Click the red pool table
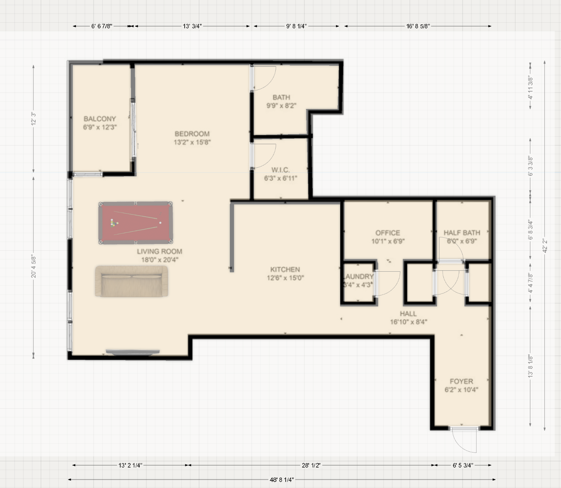point(136,223)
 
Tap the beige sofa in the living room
point(132,281)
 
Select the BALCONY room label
point(100,119)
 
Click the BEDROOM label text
point(192,134)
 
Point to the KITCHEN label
point(285,270)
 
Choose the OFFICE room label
point(388,233)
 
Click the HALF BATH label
point(462,233)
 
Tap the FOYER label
point(461,381)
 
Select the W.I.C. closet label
point(280,170)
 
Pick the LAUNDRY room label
point(358,277)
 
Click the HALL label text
point(408,314)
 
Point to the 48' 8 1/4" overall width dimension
point(282,479)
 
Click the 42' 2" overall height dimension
point(545,245)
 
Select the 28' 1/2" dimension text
point(311,465)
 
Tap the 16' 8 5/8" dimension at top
point(418,26)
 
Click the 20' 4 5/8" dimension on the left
point(34,266)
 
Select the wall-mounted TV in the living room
point(133,352)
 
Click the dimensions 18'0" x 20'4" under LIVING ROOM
point(160,260)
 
